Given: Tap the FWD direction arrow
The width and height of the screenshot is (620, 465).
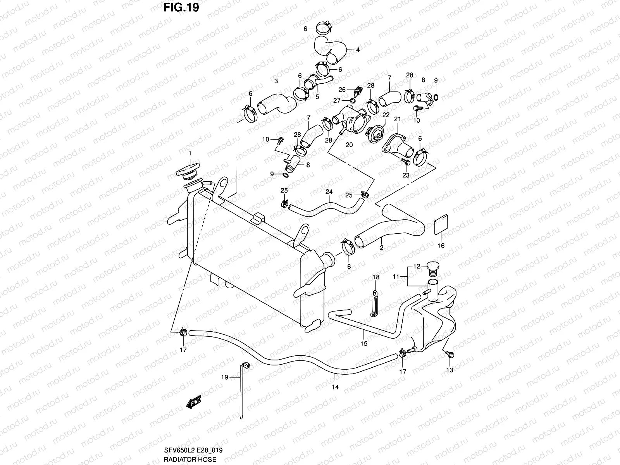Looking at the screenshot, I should click(x=193, y=403).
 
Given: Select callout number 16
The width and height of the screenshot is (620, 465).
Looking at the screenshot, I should click(x=441, y=246).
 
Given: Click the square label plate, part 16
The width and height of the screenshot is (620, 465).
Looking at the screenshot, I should click(x=441, y=225).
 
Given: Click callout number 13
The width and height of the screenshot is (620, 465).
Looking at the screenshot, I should click(x=449, y=370).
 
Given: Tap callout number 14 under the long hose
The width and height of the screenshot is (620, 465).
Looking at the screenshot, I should click(x=335, y=387).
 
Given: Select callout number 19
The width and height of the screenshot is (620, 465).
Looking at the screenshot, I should click(x=225, y=376).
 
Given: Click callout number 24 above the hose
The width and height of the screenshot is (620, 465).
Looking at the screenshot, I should click(x=329, y=192).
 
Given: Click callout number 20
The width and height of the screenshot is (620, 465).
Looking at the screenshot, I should click(x=349, y=145).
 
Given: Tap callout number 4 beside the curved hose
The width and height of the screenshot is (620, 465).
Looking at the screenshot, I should click(x=357, y=50).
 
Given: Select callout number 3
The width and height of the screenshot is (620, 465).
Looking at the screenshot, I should click(x=276, y=81).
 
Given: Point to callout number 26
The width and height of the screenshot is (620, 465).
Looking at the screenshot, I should click(x=342, y=90).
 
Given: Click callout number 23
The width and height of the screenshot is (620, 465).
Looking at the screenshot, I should click(x=406, y=175).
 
